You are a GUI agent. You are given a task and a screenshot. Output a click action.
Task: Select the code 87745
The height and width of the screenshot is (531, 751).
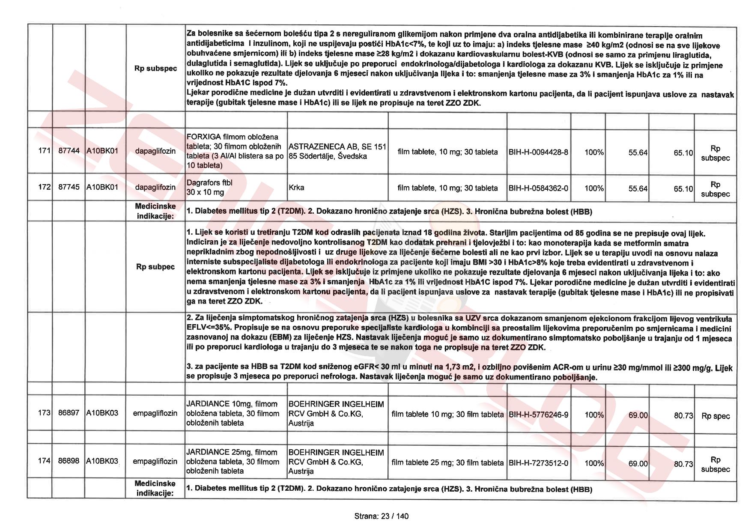69,187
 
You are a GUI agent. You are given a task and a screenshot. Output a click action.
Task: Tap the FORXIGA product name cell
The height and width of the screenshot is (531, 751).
235,151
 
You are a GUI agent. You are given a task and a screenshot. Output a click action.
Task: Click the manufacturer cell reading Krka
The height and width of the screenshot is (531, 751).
296,188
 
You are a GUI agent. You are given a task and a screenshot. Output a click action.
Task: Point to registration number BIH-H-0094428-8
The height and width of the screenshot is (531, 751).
539,152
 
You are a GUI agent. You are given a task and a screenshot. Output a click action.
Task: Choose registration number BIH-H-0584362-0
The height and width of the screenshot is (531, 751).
539,188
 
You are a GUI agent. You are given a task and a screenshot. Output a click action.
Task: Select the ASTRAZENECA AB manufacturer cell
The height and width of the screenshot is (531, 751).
337,152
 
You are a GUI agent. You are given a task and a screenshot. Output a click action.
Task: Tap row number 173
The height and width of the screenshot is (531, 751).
45,413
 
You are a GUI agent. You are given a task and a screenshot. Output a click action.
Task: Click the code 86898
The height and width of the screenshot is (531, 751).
69,461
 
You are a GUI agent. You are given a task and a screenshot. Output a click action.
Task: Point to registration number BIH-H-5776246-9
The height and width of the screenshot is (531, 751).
539,415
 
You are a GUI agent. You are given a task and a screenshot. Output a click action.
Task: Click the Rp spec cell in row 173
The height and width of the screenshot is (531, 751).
715,416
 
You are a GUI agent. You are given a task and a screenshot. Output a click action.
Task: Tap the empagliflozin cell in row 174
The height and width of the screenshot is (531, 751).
155,461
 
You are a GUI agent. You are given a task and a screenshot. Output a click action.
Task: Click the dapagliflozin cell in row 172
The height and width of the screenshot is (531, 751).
155,187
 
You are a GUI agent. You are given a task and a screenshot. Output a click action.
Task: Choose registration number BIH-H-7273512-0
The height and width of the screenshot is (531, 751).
539,463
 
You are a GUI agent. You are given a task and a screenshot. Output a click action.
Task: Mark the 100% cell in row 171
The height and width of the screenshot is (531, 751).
594,152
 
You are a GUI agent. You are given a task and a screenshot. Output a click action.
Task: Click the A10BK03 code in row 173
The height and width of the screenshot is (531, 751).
102,413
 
